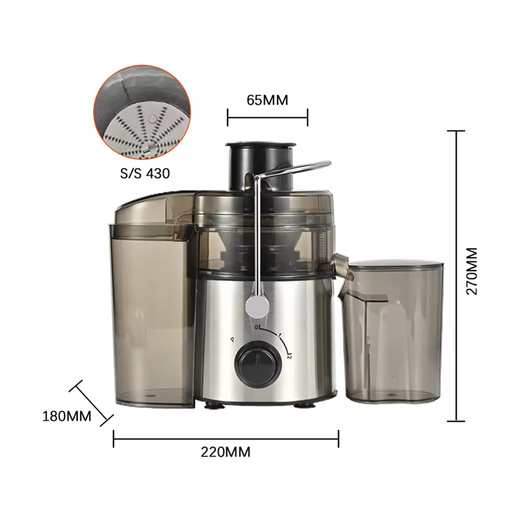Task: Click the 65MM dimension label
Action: (267, 100)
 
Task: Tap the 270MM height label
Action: (472, 271)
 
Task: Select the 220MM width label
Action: (225, 452)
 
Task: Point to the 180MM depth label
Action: (67, 416)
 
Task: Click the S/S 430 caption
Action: (145, 173)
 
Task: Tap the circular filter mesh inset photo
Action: (142, 110)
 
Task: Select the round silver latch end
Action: (257, 306)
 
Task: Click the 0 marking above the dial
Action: (256, 328)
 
